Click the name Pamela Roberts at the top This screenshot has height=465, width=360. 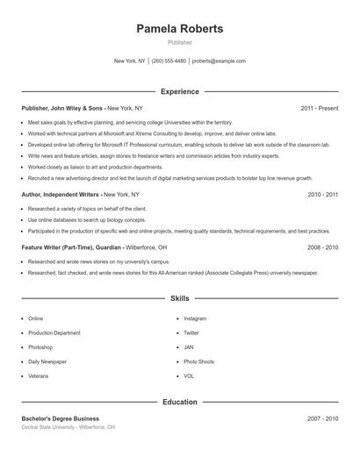click(180, 29)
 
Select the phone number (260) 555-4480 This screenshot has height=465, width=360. click(169, 61)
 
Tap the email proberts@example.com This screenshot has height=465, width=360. click(219, 61)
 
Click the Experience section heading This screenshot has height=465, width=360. click(180, 91)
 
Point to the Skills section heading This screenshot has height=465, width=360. click(180, 299)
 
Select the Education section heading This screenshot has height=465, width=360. click(180, 402)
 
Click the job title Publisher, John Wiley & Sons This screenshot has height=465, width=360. click(62, 108)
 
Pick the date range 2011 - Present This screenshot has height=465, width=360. click(319, 108)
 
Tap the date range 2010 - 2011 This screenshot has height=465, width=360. click(323, 194)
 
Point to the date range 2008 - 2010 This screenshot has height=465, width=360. click(323, 247)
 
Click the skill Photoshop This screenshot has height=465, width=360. click(40, 347)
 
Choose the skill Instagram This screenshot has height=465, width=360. click(195, 318)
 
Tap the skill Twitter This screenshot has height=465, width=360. click(191, 333)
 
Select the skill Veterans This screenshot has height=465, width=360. click(39, 376)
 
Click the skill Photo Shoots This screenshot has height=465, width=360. click(198, 361)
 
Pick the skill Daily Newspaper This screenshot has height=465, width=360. click(47, 361)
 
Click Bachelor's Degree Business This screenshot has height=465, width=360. click(61, 418)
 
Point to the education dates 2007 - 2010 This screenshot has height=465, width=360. click(323, 418)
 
